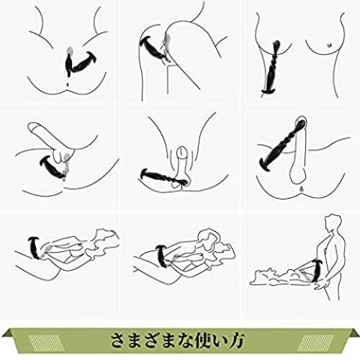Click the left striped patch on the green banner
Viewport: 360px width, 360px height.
(45, 341)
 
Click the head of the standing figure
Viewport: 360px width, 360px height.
(333, 222)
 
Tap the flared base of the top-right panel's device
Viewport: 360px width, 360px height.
(269, 91)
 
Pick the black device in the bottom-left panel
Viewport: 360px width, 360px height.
(35, 248)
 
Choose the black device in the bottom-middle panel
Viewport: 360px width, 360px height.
(163, 256)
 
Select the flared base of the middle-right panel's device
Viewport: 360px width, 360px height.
(265, 165)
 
